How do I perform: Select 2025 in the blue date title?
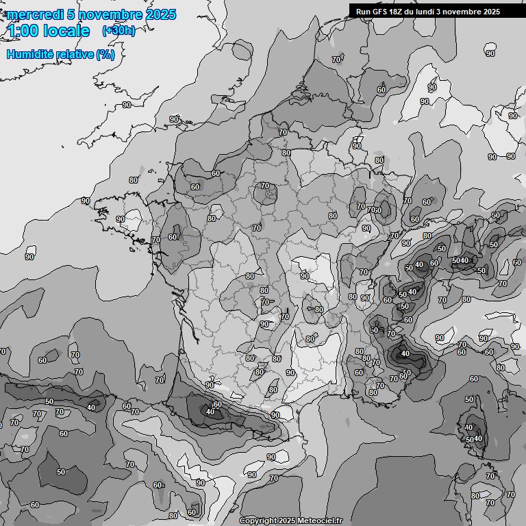pos(159,14)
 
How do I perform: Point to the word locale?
pos(65,32)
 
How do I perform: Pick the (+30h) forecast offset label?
pos(118,31)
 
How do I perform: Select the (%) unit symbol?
pos(105,54)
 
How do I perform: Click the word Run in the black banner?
pos(363,12)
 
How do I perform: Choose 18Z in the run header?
pos(397,12)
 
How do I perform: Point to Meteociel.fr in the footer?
pos(320,521)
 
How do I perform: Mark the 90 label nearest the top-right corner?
pos(490,53)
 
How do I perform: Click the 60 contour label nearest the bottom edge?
pos(192,512)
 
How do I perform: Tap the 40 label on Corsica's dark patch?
pos(478,438)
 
